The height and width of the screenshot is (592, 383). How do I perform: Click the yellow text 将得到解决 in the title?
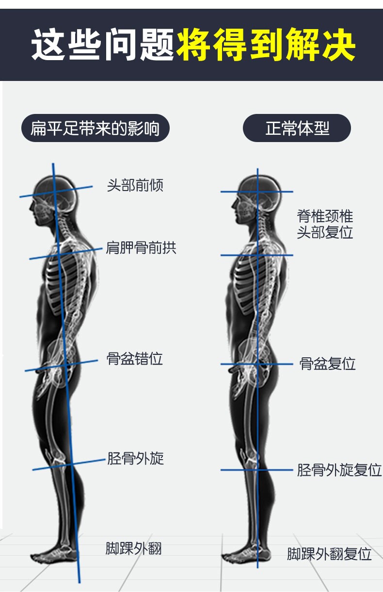266,45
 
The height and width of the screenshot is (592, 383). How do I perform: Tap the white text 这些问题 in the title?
103,45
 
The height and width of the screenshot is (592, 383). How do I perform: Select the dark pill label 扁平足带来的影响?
95,128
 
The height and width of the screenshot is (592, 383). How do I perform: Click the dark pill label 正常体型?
297,128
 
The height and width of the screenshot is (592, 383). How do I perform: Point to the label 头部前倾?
135,185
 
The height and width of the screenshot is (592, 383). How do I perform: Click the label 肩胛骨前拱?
141,248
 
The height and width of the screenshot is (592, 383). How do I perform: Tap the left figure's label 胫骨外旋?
135,458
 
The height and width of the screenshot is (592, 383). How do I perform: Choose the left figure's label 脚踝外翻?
133,548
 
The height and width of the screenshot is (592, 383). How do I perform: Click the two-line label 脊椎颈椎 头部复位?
325,224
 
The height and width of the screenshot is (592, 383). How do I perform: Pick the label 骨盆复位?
327,364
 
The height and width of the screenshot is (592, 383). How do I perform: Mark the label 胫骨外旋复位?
339,470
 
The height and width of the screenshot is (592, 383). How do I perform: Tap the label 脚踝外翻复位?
329,554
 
